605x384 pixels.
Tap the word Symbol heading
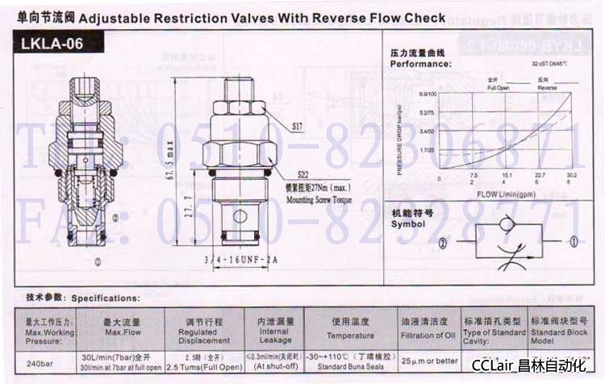click(x=407, y=223)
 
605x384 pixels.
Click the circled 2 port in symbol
click(x=443, y=242)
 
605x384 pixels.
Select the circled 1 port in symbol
click(x=574, y=240)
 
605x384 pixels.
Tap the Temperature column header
click(x=350, y=336)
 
